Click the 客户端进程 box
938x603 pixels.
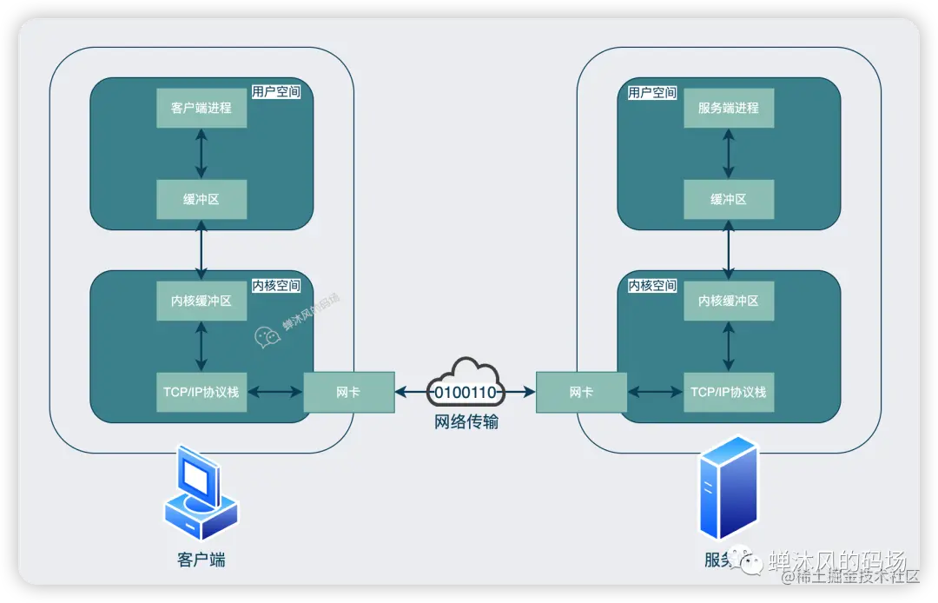201,108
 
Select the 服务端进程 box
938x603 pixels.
728,108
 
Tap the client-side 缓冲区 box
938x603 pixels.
201,199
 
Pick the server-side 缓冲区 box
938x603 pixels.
728,199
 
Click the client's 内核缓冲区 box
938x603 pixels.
201,301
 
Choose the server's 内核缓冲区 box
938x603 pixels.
728,301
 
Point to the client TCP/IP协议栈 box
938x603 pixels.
201,392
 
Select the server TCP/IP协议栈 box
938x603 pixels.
728,392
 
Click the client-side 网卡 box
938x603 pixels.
348,392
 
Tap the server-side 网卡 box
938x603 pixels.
581,392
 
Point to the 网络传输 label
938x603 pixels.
466,423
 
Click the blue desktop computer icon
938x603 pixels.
201,494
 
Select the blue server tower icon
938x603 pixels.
728,488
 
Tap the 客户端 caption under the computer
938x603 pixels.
201,560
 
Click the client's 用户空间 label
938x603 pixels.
275,91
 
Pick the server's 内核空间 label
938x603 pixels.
652,285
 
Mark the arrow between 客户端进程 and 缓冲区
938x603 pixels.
201,154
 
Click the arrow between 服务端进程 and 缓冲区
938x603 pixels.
728,154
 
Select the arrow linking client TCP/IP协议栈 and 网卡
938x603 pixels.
275,393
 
